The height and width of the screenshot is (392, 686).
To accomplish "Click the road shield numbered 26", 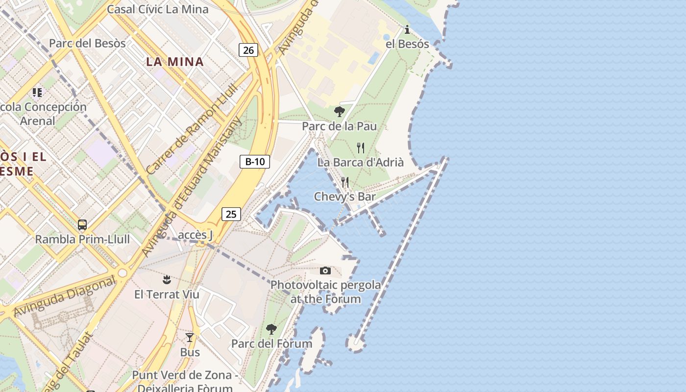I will pyautogui.click(x=248, y=49).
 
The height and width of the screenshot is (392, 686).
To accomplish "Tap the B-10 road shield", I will pyautogui.click(x=255, y=162).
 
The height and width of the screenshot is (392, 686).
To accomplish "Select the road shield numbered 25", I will pyautogui.click(x=231, y=214).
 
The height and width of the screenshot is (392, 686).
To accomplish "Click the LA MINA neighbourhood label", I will pyautogui.click(x=174, y=62).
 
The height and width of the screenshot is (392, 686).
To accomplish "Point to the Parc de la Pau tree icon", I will pyautogui.click(x=339, y=112).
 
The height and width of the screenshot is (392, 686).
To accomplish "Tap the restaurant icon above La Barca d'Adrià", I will pyautogui.click(x=361, y=147).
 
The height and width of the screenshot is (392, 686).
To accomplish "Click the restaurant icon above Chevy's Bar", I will pyautogui.click(x=345, y=182).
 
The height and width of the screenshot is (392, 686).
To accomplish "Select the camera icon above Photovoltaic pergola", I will pyautogui.click(x=325, y=270).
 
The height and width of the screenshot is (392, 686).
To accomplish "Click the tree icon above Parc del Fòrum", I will pyautogui.click(x=271, y=329).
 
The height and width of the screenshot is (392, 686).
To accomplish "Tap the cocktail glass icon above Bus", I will pyautogui.click(x=190, y=338).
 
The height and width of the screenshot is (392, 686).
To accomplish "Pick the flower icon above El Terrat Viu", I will pyautogui.click(x=167, y=280).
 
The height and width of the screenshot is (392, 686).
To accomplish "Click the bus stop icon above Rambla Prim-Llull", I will pyautogui.click(x=82, y=225).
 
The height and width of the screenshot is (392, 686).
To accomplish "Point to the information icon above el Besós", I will pyautogui.click(x=407, y=30).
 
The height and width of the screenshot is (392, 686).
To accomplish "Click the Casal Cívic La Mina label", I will pyautogui.click(x=157, y=9).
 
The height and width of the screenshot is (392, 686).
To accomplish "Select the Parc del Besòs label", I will pyautogui.click(x=87, y=43).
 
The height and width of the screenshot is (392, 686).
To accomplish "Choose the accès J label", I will pyautogui.click(x=195, y=235).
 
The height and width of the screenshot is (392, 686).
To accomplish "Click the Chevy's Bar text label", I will pyautogui.click(x=345, y=196).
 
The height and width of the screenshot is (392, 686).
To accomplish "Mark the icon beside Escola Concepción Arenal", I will pyautogui.click(x=37, y=92).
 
